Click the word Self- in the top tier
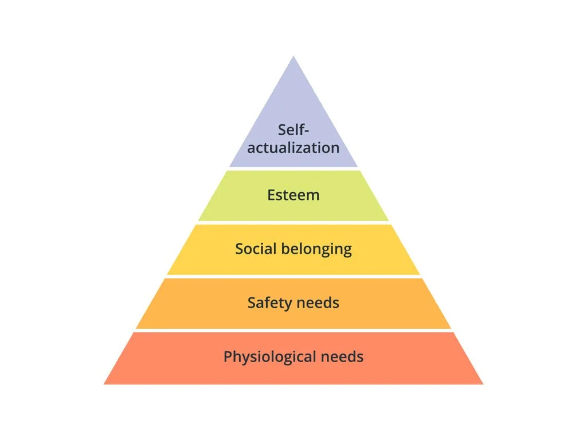coord(293,129)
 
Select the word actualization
coord(293,148)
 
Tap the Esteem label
coord(293,195)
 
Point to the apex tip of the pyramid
coord(293,57)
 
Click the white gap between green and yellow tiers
coord(293,223)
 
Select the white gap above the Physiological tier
coord(293,331)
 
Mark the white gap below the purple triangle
coord(293,168)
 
